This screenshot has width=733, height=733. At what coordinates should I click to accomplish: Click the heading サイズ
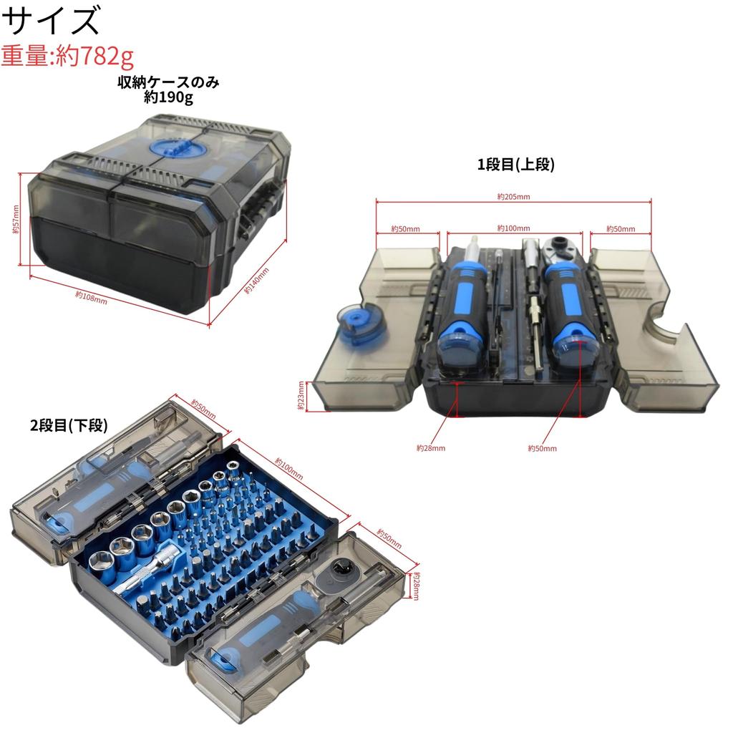52,21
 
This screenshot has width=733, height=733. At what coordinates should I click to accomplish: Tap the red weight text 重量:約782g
68,56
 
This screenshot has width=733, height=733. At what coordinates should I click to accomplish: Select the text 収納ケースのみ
168,82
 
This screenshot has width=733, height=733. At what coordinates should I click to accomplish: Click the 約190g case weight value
168,97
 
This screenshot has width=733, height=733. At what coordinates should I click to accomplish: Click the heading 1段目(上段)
516,165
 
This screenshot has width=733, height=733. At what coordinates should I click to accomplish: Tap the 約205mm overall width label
514,196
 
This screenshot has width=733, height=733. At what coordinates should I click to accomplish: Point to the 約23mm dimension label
301,395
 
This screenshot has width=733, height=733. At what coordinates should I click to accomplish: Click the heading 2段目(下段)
69,425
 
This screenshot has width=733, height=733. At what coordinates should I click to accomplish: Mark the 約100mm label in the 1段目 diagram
513,228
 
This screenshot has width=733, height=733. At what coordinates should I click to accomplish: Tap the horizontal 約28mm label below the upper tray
431,448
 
